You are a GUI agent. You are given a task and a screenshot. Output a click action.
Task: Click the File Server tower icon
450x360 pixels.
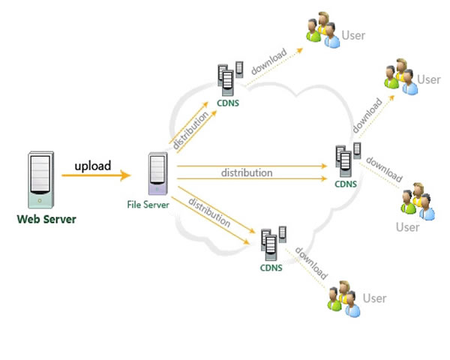click(157, 175)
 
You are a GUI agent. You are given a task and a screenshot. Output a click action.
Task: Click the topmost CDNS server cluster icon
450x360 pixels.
click(229, 78)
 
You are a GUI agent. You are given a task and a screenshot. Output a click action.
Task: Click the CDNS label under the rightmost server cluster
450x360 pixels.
click(346, 182)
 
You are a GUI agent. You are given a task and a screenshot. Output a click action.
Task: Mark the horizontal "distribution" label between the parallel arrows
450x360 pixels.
click(246, 173)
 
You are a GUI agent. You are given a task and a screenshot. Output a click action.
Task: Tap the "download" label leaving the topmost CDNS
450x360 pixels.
click(268, 64)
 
